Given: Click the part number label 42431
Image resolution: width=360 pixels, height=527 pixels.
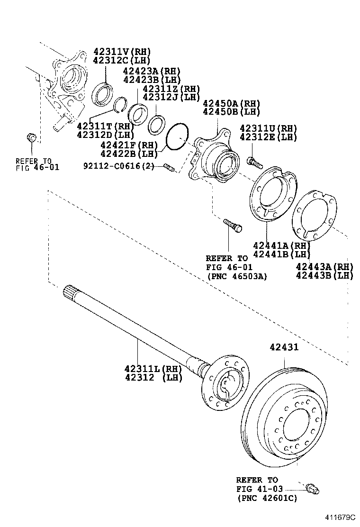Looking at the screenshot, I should [x=284, y=347].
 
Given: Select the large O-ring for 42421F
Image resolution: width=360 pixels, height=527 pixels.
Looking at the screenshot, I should [x=178, y=137].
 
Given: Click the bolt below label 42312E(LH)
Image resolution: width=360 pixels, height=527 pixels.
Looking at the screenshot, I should [x=255, y=163].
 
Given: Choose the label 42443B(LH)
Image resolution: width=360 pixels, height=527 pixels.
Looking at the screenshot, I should [x=324, y=275].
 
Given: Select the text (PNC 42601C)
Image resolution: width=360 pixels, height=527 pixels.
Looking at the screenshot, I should [x=267, y=498].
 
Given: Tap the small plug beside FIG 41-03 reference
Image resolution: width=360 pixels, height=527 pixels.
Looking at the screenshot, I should [x=312, y=488].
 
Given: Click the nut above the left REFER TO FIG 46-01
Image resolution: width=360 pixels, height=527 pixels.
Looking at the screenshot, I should [x=32, y=138].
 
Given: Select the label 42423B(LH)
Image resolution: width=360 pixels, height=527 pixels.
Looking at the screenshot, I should [x=152, y=79].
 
